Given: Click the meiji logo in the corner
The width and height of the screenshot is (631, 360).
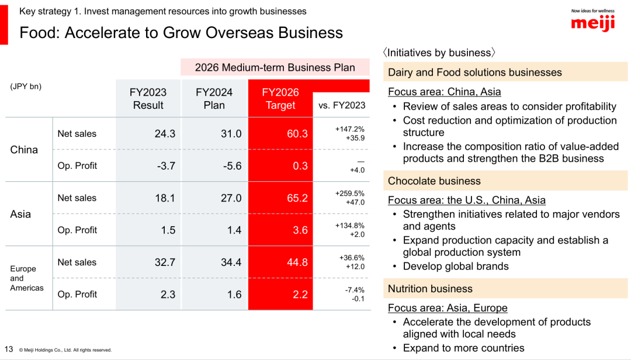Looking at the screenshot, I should point(592,23).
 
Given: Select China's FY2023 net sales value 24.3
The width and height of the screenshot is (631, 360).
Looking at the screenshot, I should point(165,134).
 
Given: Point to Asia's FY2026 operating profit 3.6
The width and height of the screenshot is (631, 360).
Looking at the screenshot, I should point(300,230).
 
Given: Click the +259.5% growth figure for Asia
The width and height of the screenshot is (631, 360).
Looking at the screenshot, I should point(350,193).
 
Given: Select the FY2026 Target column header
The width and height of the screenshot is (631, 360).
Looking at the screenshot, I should point(280,99).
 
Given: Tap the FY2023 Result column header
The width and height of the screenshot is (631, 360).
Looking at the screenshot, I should point(148,99).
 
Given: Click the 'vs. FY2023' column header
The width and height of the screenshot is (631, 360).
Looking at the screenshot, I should point(342,105).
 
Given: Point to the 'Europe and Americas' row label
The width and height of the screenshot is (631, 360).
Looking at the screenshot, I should point(23,278).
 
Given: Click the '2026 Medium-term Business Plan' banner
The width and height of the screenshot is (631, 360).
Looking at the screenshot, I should point(275,67).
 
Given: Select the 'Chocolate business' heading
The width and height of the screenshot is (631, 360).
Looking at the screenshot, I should point(434,181).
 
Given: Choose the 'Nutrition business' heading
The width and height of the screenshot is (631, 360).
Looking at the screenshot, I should point(430,289).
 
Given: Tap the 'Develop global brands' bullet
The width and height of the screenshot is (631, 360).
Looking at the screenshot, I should point(456,266).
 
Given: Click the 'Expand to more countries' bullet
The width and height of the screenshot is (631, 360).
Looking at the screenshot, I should point(463,348).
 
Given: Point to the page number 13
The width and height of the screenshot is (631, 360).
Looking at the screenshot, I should point(9,349).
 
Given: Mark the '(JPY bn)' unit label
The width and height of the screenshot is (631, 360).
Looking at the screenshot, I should point(26,86).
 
